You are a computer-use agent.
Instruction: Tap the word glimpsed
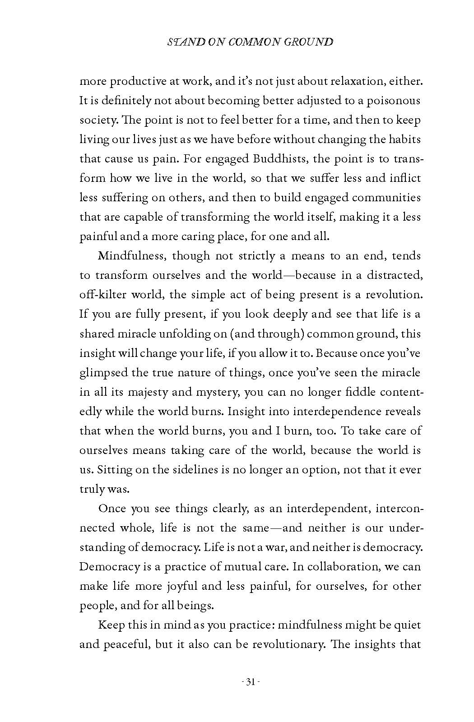click(103, 373)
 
